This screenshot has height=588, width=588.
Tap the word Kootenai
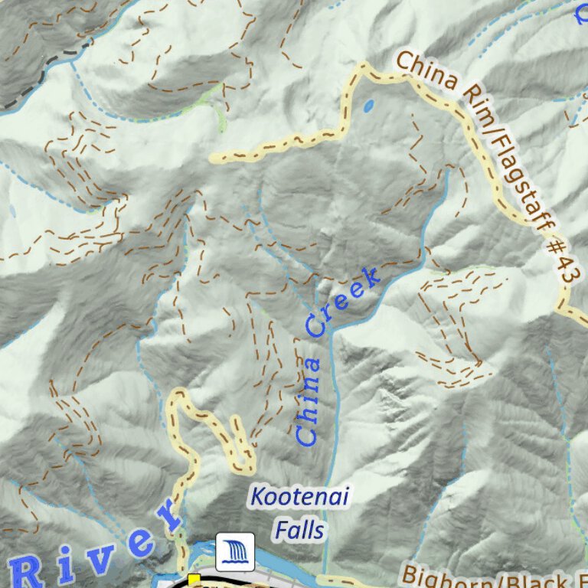click(x=299, y=498)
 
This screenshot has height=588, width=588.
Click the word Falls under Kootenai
click(x=299, y=530)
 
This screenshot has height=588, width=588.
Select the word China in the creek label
click(x=309, y=402)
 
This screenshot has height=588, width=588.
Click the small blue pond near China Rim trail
click(x=369, y=106)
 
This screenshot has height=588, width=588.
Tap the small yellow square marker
click(x=194, y=579)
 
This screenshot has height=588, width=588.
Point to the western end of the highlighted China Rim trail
click(x=215, y=158)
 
